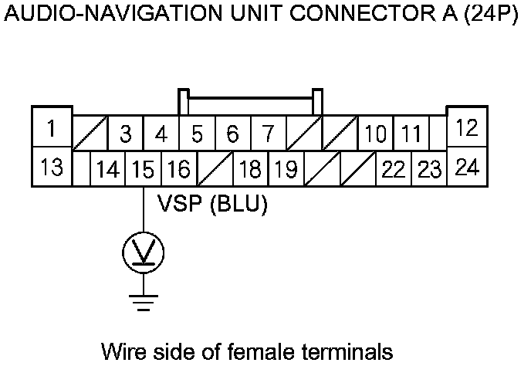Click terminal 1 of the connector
coord(51,127)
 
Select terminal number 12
coord(466,128)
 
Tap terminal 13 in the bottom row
coord(51,167)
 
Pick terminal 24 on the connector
coord(466,167)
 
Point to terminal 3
coord(126,134)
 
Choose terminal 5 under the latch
coord(197,134)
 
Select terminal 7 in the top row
coord(267,134)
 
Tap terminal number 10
coord(376,134)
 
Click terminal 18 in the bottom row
coord(250,169)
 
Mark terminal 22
coord(394,169)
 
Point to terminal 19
coord(286,169)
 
